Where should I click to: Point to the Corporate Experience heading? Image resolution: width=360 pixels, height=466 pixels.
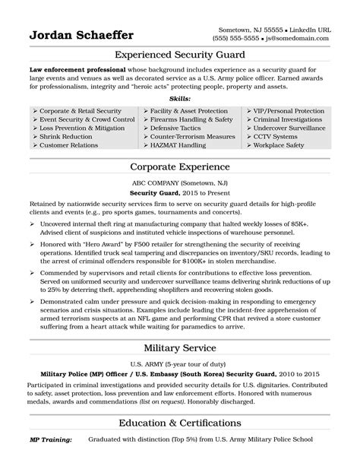(x=179, y=164)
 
